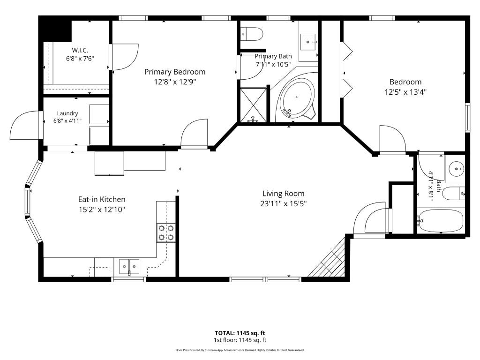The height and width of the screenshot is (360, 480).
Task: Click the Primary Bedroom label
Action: (175, 72)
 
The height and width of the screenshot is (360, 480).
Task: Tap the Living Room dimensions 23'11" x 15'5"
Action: (284, 203)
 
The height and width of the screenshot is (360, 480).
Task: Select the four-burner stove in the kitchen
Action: (166, 232)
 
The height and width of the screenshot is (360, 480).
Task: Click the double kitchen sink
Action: (129, 266)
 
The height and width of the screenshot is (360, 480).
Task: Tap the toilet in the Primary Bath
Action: (252, 33)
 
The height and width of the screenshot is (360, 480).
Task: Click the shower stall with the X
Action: (253, 105)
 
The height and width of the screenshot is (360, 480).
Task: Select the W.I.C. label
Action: (80, 50)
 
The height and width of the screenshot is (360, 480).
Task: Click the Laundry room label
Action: (67, 113)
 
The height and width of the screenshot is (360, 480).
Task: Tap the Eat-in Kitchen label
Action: (102, 200)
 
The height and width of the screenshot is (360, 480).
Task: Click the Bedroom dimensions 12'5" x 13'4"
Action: (405, 92)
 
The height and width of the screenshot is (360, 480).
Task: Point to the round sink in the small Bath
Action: (456, 169)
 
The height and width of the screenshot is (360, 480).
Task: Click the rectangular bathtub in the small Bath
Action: (440, 220)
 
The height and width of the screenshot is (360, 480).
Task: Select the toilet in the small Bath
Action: (454, 194)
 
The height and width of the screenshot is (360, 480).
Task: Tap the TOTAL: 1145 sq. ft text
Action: (240, 333)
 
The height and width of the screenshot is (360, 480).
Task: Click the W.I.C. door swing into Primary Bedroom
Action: (124, 57)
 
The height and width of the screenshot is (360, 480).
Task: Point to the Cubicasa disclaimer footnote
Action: (240, 350)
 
